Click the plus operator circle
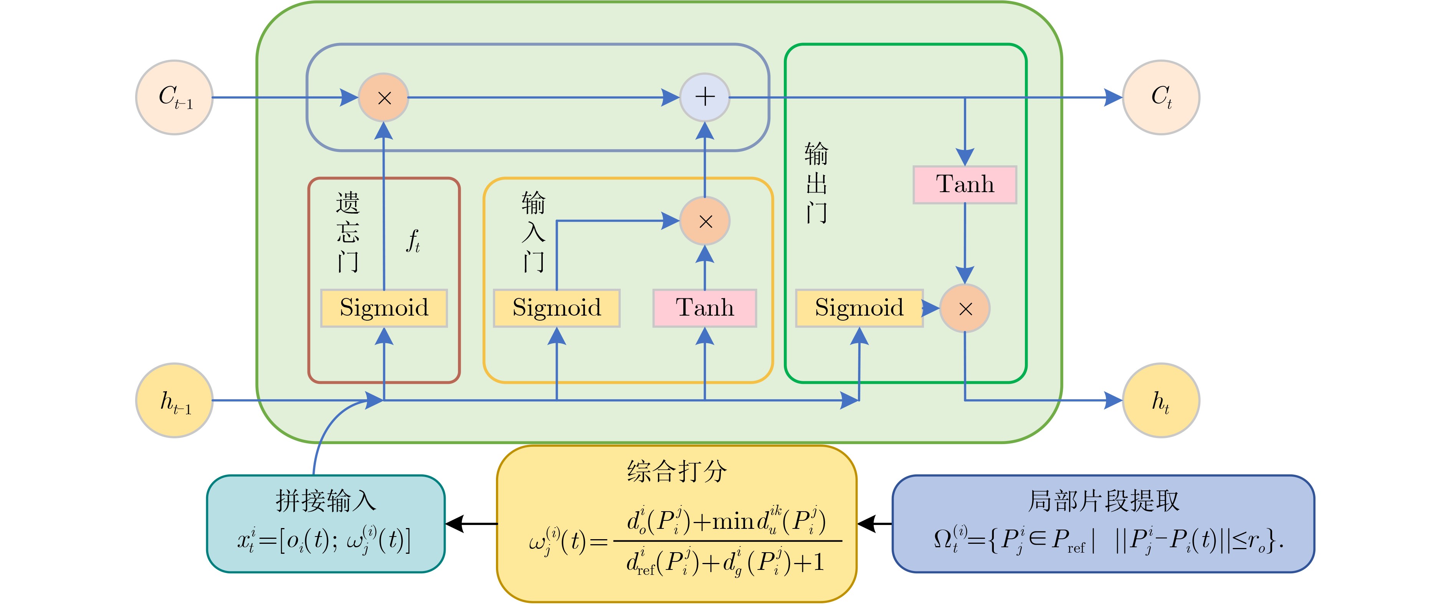click(x=705, y=97)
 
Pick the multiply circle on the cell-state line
click(x=383, y=97)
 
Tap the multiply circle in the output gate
click(x=965, y=308)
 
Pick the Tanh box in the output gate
click(x=965, y=184)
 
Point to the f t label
click(x=413, y=241)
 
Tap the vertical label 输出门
click(x=816, y=183)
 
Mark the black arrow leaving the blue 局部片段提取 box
click(x=874, y=523)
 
